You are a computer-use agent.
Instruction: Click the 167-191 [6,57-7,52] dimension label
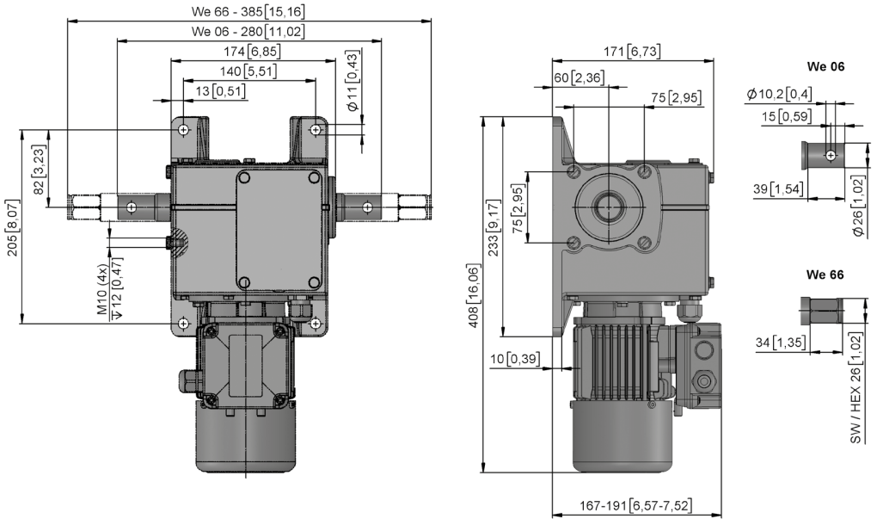click(635, 506)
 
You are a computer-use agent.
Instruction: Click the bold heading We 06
click(825, 66)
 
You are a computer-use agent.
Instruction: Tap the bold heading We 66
click(825, 275)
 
